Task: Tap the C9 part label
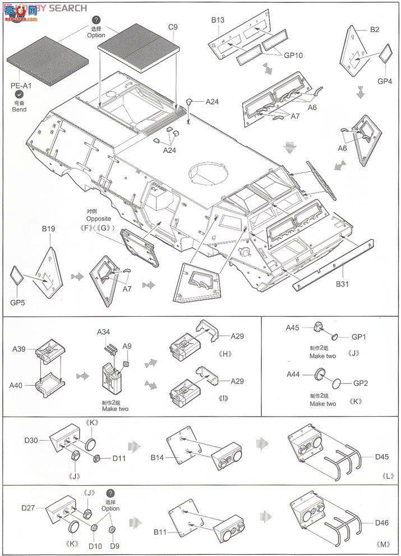tap(173, 26)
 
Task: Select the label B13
tap(218, 20)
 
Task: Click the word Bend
tap(19, 109)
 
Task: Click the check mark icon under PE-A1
tap(19, 95)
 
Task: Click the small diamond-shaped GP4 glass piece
tap(385, 54)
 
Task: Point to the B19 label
tap(48, 229)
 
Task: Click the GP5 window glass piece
tap(17, 276)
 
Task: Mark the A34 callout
tap(104, 332)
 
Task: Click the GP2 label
tap(359, 383)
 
